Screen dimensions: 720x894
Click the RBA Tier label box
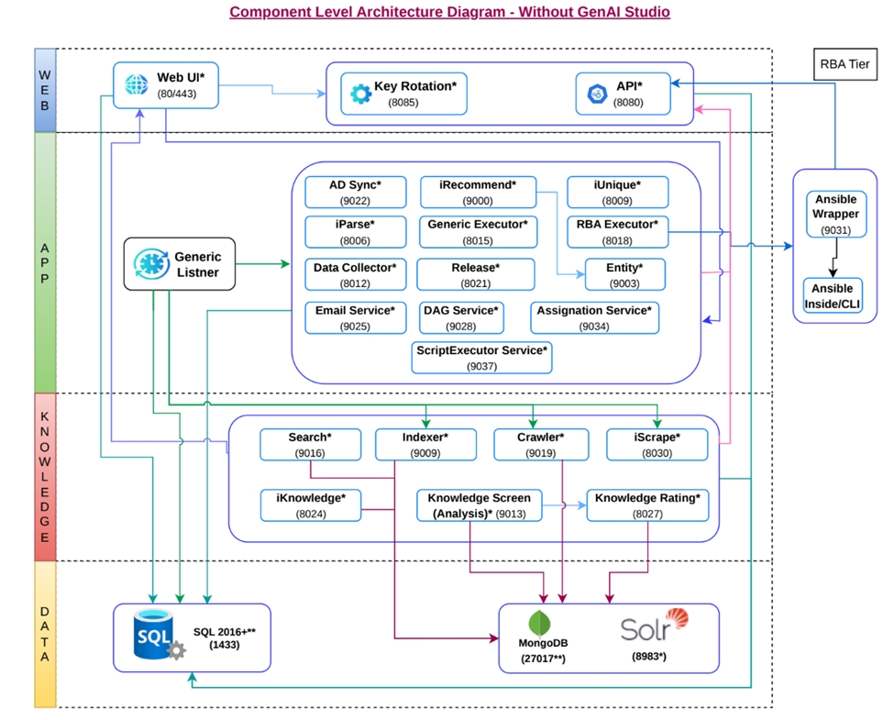tap(844, 64)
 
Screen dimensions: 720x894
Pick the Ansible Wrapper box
tap(834, 214)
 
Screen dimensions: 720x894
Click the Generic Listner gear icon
tap(148, 264)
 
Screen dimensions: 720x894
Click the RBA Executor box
tap(617, 232)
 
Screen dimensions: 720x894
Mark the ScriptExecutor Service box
tap(481, 358)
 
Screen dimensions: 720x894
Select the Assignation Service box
tap(593, 317)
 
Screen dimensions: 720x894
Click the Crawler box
tap(541, 445)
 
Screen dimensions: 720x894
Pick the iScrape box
tap(657, 445)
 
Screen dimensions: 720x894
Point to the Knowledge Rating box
tap(646, 505)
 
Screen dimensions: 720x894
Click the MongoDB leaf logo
tap(538, 622)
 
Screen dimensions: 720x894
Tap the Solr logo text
tap(642, 628)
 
